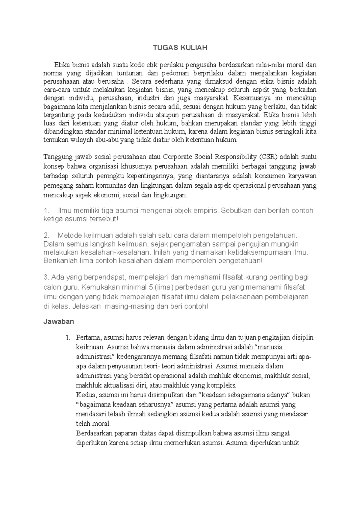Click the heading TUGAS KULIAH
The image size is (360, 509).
180,48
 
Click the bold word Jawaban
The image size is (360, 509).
58,322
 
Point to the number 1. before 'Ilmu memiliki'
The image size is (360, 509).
46,210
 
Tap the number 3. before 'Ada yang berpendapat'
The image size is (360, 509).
46,277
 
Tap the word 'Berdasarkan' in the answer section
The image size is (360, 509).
94,433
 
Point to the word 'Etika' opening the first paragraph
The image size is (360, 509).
61,65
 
